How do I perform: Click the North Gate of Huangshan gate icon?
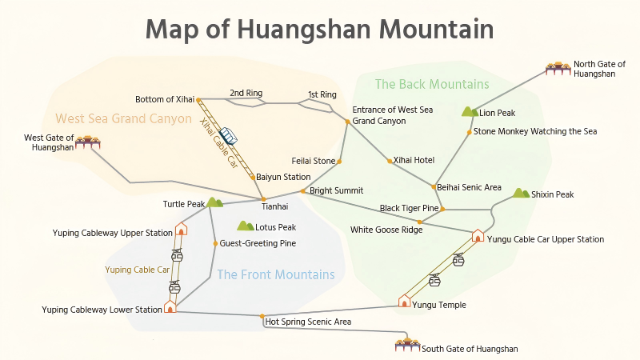click(558, 68)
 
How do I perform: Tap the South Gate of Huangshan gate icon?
click(408, 345)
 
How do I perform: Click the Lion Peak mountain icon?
click(470, 112)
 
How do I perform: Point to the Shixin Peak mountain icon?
click(521, 194)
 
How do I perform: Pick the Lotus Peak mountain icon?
click(245, 226)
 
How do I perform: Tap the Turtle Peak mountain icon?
click(214, 203)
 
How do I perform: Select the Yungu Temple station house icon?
click(405, 302)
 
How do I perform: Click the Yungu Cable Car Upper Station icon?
click(478, 236)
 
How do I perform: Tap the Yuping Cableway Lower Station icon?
click(170, 306)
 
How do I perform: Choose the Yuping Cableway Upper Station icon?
click(181, 230)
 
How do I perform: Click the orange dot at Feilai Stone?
click(339, 162)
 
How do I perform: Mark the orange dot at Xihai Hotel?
click(390, 161)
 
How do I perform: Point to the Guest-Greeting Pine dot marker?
click(215, 243)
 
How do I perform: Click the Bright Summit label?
click(336, 190)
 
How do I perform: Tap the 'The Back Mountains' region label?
click(431, 84)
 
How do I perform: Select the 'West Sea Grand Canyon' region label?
click(123, 118)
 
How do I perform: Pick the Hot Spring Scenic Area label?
click(314, 322)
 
